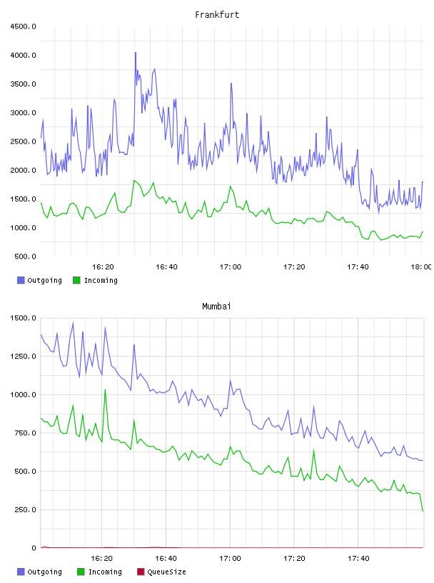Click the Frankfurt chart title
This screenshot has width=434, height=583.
pos(217,15)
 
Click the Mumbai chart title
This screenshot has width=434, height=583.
pos(216,307)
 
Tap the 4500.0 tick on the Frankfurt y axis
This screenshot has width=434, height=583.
pos(23,26)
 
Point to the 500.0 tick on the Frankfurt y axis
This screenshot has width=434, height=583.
pos(25,256)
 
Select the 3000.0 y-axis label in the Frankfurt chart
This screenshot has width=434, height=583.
pos(23,113)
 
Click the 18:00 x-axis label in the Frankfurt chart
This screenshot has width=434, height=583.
pos(421,267)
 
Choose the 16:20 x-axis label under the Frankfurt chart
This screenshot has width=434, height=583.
pos(103,267)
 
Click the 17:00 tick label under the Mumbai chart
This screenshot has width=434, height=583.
pos(230,559)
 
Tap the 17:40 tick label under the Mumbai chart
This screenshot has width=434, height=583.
pos(358,559)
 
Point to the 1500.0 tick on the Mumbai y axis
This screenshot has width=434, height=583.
pos(23,318)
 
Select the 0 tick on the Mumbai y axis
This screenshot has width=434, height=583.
pos(34,548)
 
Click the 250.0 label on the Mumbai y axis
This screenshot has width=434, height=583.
pos(25,509)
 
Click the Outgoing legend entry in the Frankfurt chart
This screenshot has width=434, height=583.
pos(40,280)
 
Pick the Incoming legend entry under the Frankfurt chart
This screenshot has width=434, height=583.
pos(96,280)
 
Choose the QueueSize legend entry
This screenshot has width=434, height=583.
pos(161,572)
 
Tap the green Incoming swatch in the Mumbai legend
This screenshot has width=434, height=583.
pos(81,572)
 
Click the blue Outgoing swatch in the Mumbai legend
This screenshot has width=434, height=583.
pos(21,572)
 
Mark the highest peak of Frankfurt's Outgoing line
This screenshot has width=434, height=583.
pos(136,53)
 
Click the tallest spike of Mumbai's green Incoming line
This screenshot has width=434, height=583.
pos(105,389)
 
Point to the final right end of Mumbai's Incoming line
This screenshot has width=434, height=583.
pos(423,511)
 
